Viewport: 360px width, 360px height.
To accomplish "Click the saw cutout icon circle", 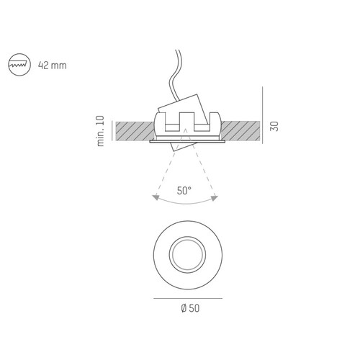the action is coord(19,54).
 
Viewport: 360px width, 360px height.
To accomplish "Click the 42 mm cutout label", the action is coord(53,66).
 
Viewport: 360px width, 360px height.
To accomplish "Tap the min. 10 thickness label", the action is coord(101,131).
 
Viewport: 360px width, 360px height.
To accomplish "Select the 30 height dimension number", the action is coord(274,126).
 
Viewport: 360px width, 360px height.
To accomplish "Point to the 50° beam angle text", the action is coord(184,191).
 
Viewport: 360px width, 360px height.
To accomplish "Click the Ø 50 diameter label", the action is coord(190,308).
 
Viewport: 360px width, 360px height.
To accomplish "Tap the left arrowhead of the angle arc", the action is coord(156,197).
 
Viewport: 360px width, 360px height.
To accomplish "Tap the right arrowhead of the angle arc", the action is coord(214,198).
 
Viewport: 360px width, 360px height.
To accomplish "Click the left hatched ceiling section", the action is coord(135,131).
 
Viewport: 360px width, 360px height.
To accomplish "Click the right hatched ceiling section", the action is coord(240,131).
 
